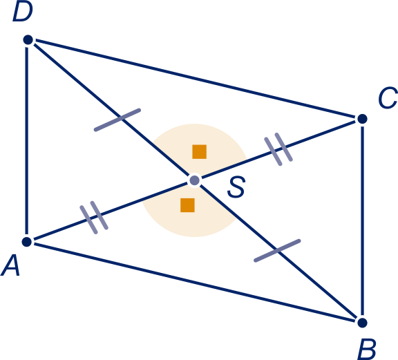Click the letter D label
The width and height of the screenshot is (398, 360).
pos(23,12)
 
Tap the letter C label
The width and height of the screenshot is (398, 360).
pos(388,97)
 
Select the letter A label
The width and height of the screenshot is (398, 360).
pos(10,265)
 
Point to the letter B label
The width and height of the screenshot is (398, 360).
pos(366,350)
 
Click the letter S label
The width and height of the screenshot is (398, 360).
pos(236,187)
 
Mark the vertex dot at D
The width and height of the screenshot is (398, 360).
pos(28,40)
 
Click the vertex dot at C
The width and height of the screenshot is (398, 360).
pos(362,119)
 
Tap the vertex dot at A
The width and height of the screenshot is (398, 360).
pos(27,241)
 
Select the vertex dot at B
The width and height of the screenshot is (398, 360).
pos(362,323)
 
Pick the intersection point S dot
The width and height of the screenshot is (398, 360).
pos(195,180)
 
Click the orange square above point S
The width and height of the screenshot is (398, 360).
pos(199,152)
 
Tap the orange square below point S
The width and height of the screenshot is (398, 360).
pos(187,205)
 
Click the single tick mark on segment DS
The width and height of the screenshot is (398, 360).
pos(117,120)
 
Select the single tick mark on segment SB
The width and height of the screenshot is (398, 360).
pos(277,251)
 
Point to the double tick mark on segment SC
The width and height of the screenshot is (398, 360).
pos(278,149)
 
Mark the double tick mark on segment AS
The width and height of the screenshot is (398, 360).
pos(94,218)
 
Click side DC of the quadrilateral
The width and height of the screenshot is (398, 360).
pos(195,79)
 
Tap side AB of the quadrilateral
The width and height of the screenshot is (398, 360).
pos(194,283)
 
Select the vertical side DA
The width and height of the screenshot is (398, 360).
pos(27,141)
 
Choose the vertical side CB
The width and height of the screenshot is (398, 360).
pos(362,221)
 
